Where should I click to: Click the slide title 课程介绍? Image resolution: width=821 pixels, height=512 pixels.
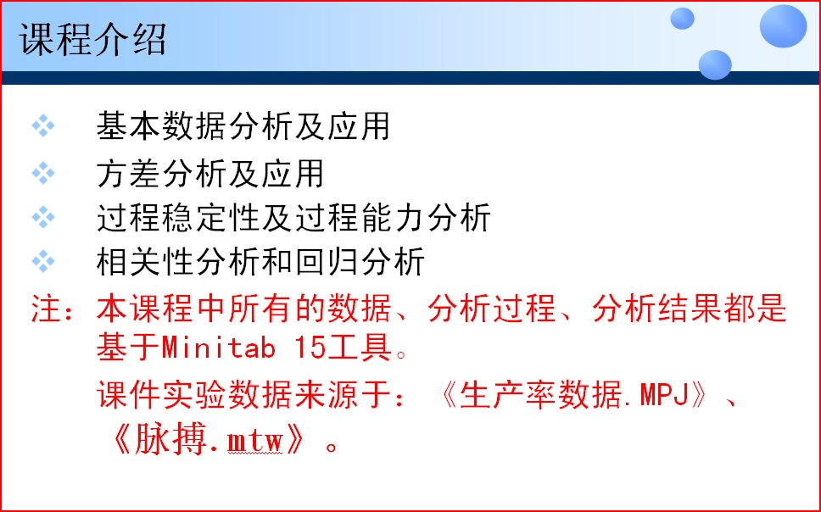coord(93,40)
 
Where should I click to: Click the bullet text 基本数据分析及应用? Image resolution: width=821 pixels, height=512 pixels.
coord(243,127)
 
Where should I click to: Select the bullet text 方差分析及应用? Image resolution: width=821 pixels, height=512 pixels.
coord(210,174)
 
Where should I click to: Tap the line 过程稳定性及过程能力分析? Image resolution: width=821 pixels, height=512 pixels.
coord(293,218)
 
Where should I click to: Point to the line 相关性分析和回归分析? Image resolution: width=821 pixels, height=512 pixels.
coord(260,262)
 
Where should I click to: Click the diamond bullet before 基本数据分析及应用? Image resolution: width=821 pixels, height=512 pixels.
coord(43,127)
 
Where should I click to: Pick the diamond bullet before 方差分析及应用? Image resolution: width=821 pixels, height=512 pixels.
coord(43,174)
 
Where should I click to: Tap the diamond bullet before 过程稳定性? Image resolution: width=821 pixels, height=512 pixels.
coord(43,218)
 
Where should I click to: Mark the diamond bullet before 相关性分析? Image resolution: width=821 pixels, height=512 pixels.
coord(43,262)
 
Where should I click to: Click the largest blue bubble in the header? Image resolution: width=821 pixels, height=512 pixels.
coord(782,25)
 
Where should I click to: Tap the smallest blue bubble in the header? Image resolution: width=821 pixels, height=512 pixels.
coord(682,19)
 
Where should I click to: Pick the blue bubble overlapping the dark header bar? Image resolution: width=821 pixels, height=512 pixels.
coord(715,64)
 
